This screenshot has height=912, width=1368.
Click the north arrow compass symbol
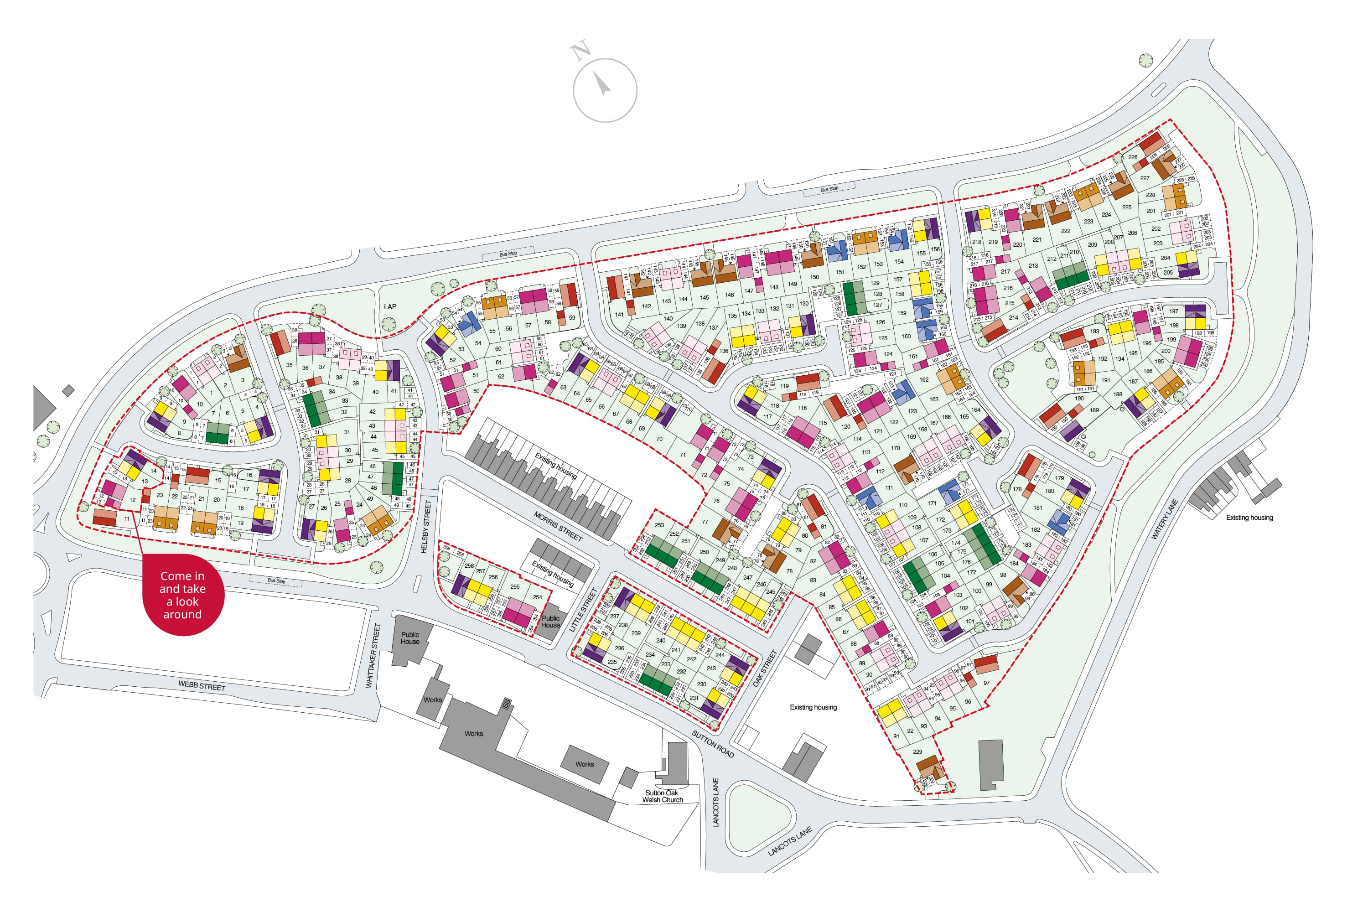[605, 90]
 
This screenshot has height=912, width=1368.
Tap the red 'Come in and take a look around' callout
[183, 595]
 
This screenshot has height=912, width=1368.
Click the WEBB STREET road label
[201, 686]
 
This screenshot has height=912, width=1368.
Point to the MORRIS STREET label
[558, 526]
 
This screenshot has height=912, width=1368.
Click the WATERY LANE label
[1165, 519]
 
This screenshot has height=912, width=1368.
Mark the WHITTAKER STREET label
[373, 656]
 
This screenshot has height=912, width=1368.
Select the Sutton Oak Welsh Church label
[662, 796]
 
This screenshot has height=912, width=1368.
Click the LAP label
[390, 306]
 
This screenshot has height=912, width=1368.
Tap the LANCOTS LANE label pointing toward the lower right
[789, 842]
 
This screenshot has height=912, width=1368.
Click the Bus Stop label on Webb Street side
[276, 580]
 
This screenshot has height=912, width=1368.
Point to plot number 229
[917, 751]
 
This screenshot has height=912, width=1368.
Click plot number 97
[986, 683]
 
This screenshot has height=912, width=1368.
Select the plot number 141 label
[619, 315]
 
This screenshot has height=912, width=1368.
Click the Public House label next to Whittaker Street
[409, 638]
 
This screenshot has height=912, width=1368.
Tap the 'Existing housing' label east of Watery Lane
[1249, 517]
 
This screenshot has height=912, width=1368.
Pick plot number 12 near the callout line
[133, 500]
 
